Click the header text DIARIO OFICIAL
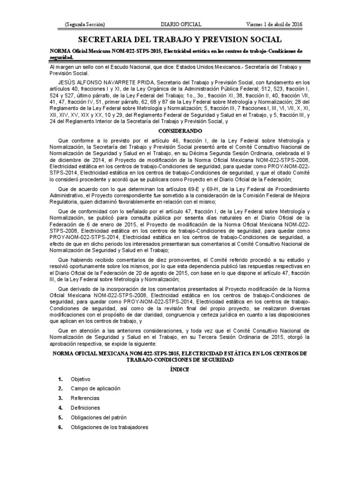181,24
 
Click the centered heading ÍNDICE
180,369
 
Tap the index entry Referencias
85,398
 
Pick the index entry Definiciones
85,407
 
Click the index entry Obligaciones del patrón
98,417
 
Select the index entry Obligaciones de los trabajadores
109,427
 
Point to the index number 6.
60,427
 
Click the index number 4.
60,407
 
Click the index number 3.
60,398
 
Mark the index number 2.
60,388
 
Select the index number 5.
60,417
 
